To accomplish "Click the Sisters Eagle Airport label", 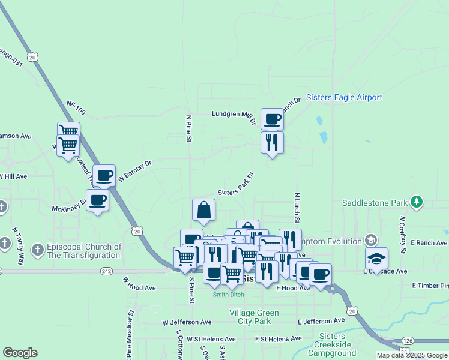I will [x=344, y=98].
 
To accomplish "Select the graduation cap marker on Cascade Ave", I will [x=377, y=258].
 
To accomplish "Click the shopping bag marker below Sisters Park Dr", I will [x=204, y=210].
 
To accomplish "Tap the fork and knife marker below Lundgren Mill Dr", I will [x=272, y=142].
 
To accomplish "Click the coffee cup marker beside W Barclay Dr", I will [x=104, y=175].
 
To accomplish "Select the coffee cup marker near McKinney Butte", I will [x=97, y=200].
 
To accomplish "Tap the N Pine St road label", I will [x=188, y=129].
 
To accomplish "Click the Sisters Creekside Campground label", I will [x=332, y=344].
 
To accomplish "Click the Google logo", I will [x=20, y=353].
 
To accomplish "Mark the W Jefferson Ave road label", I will [x=186, y=323].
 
